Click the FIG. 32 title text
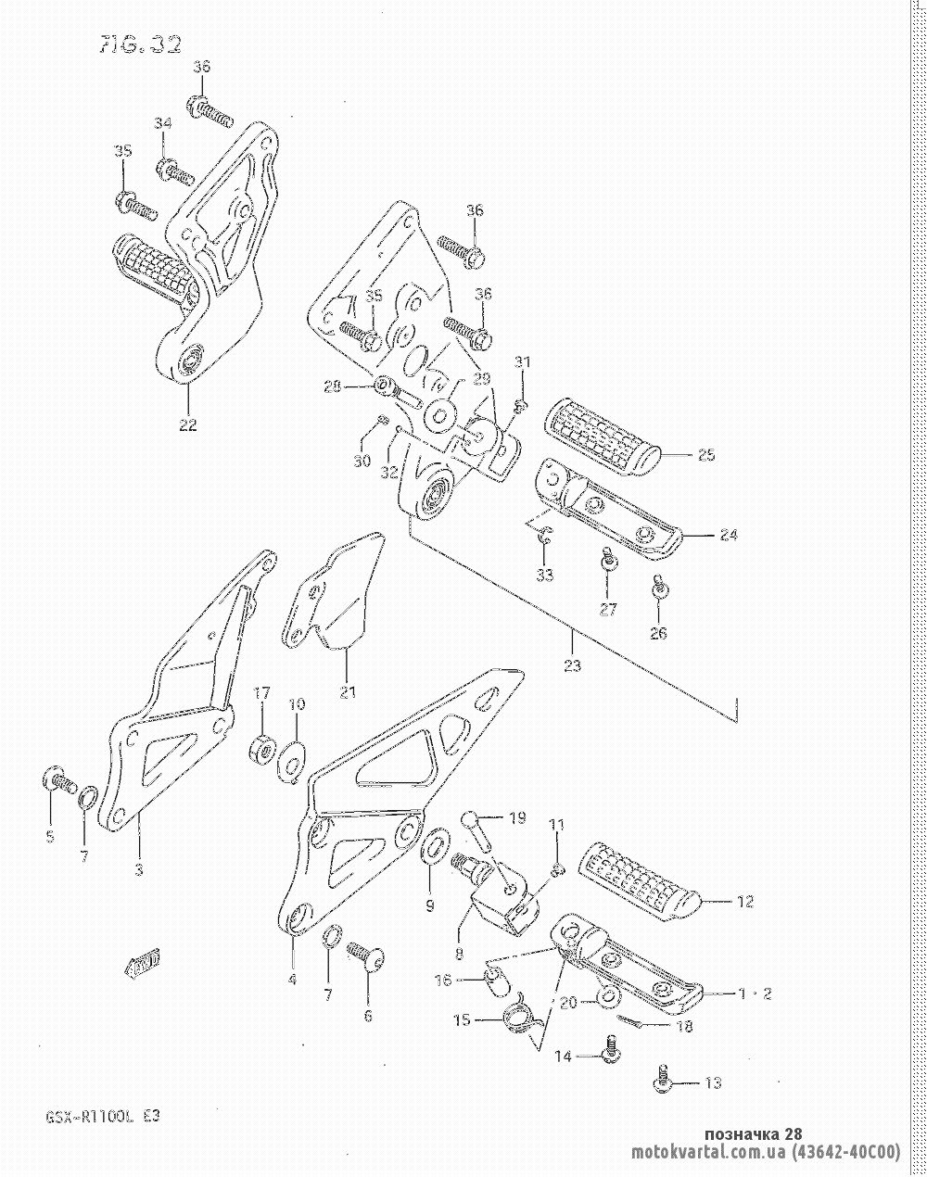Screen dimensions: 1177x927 tap(140, 45)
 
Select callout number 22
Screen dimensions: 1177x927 tap(188, 426)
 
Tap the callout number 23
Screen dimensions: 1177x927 tap(572, 665)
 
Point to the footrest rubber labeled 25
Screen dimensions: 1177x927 tap(603, 436)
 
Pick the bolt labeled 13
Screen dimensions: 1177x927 tap(664, 1079)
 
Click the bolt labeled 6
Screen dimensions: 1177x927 tap(367, 960)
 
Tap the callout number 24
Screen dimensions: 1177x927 tap(729, 535)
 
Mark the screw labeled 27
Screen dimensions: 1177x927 tap(608, 562)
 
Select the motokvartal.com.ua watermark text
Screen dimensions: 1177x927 tap(766, 1153)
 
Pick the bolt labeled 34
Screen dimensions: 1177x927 tap(176, 172)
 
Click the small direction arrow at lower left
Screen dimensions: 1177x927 tap(144, 965)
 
